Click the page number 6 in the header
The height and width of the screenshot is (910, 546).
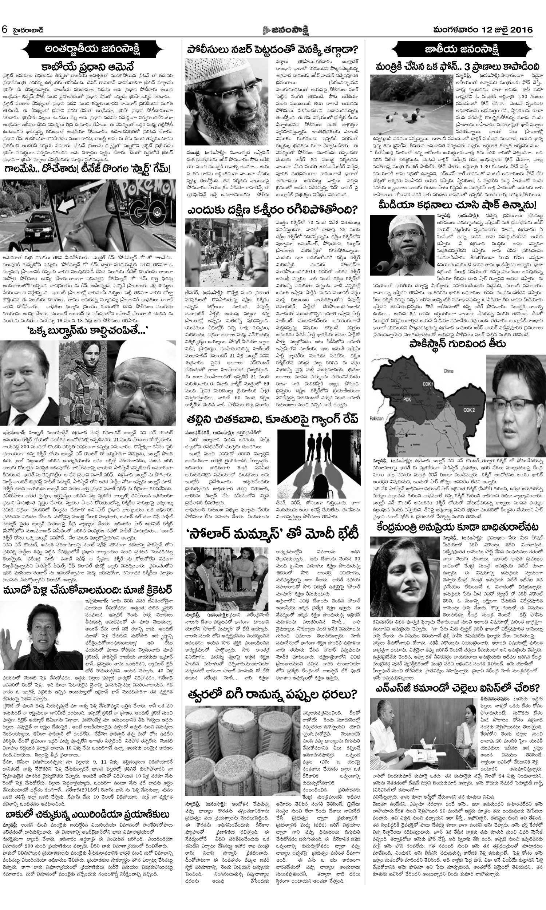coord(5,30)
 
